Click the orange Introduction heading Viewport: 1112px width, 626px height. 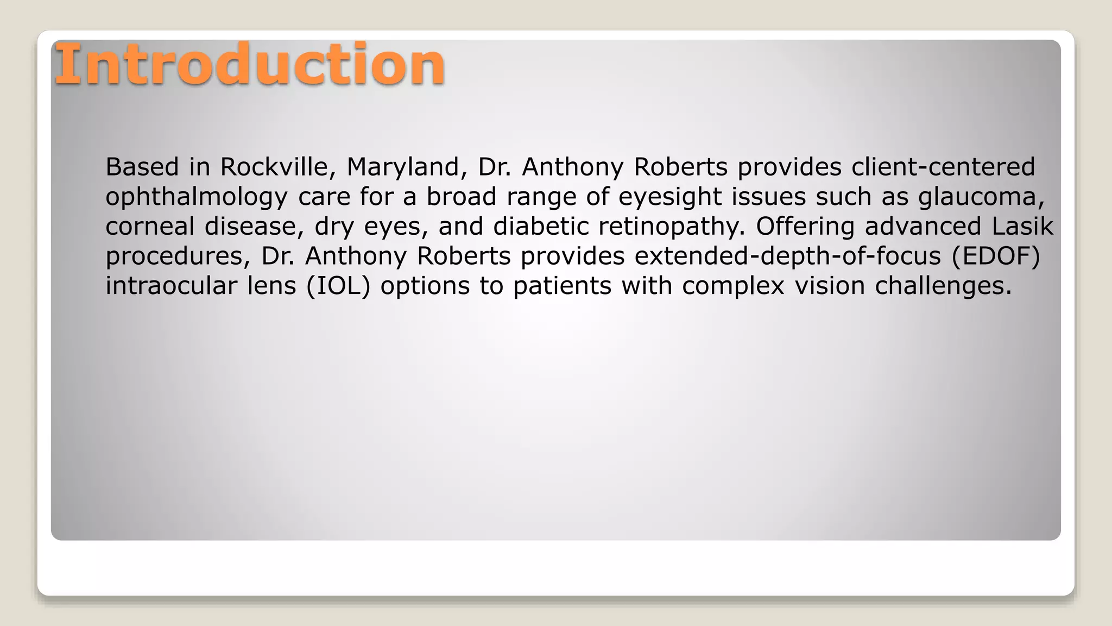(x=250, y=65)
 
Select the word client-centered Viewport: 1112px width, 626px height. (x=943, y=167)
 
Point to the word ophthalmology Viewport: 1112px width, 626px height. (x=196, y=197)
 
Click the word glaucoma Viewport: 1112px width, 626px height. (x=981, y=197)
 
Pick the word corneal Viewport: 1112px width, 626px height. (x=150, y=227)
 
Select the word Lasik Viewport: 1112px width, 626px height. (x=1022, y=227)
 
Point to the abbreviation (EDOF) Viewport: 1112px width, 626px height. (x=996, y=256)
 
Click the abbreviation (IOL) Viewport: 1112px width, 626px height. (x=338, y=286)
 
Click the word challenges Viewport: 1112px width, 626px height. (x=943, y=286)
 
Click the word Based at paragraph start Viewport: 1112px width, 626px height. (x=142, y=167)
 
